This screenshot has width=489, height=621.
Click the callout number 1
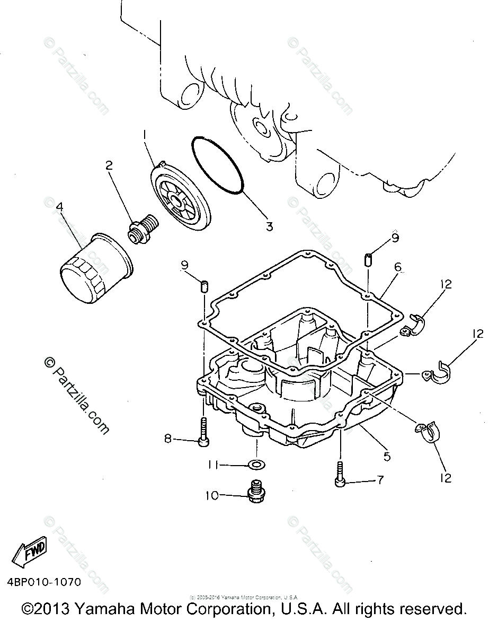tap(144, 137)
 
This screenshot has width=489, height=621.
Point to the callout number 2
tap(109, 166)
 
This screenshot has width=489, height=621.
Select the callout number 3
tap(269, 226)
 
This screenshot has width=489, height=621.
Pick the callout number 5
tap(387, 455)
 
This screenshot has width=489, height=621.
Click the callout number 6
tap(397, 268)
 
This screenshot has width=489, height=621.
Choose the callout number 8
tap(168, 439)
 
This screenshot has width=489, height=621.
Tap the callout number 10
tap(212, 496)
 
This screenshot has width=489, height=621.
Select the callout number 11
tap(214, 465)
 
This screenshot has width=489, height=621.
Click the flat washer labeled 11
tap(257, 465)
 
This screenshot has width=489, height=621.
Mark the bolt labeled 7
tap(339, 474)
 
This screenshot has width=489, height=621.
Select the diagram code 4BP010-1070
tap(45, 582)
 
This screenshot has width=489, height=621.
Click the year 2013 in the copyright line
tap(55, 608)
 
